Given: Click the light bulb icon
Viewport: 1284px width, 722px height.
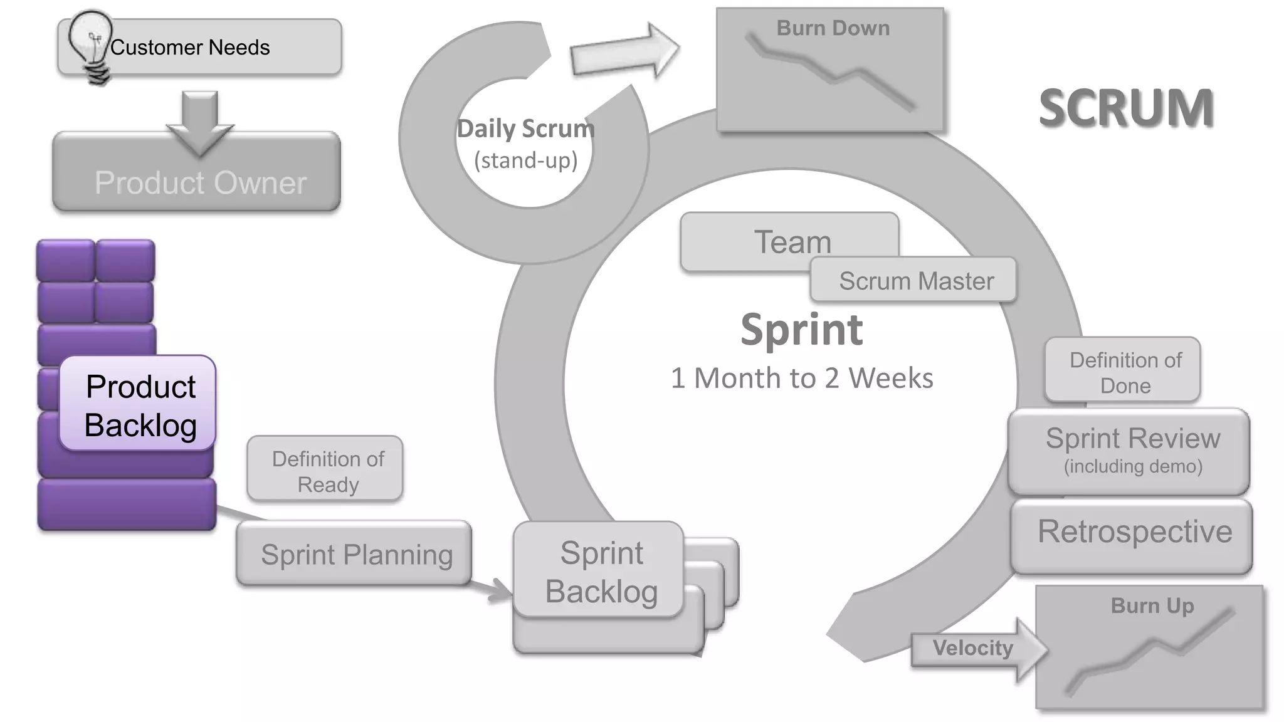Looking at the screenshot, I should (x=91, y=44).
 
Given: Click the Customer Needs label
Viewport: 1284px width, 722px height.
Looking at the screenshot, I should (x=190, y=48).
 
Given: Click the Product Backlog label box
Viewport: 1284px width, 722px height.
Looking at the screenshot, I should (x=139, y=405).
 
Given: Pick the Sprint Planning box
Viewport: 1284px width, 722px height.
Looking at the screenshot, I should (x=355, y=554).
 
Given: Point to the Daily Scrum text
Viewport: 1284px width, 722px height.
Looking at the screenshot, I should (x=525, y=130).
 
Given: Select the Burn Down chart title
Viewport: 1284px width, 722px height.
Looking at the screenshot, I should (x=833, y=29).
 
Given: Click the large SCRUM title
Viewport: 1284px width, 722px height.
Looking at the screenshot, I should (x=1126, y=108).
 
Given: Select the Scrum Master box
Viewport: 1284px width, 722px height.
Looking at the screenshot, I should (x=915, y=281).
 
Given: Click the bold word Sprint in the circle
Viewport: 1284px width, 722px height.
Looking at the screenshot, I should (x=801, y=330).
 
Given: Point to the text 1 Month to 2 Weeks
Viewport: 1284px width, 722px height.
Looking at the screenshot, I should (x=801, y=379).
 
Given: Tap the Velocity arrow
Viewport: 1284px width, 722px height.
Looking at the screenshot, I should (x=975, y=649).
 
